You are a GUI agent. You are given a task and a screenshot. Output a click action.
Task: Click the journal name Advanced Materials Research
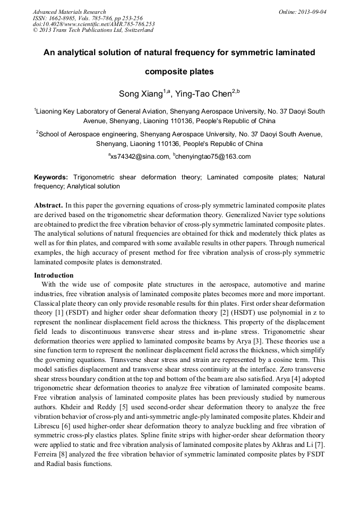tap(69, 12)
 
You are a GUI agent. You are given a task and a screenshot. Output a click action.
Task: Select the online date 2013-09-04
tap(311, 12)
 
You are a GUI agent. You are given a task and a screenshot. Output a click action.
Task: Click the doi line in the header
tap(93, 24)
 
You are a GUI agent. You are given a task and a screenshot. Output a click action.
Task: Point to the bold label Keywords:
tap(51, 177)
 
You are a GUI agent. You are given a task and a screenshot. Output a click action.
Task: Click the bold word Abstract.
tap(49, 205)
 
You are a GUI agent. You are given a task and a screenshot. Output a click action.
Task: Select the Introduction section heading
tap(54, 275)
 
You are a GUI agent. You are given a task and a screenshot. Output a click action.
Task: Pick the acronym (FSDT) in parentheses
tap(78, 312)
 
